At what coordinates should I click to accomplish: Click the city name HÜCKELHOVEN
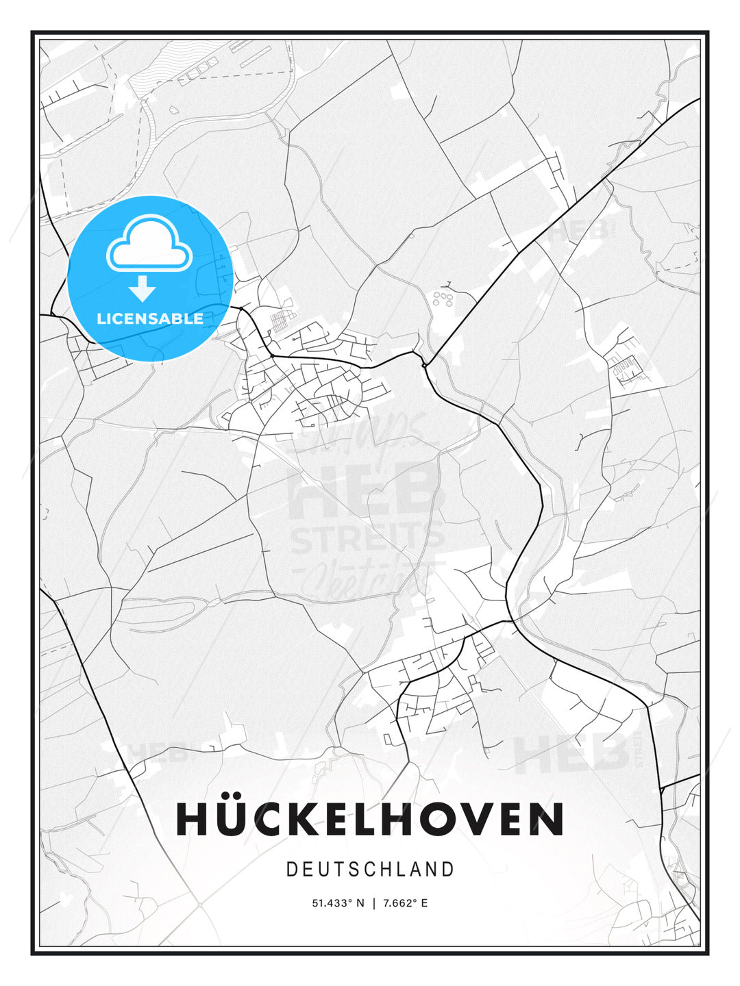[x=370, y=819]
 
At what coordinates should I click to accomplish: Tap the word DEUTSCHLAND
[x=370, y=870]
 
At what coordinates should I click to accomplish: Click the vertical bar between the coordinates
[x=373, y=903]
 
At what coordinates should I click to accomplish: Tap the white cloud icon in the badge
[x=149, y=244]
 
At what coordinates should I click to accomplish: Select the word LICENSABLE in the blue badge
[x=150, y=318]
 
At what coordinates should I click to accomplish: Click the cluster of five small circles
[x=443, y=299]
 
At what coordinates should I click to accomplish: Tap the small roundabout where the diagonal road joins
[x=424, y=365]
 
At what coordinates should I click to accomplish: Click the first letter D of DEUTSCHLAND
[x=291, y=870]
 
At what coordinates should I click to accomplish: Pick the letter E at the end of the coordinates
[x=425, y=903]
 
